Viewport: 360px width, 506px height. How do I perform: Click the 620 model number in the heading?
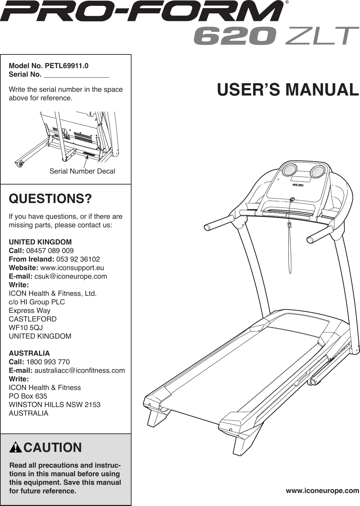click(x=235, y=36)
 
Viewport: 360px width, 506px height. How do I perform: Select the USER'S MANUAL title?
click(x=288, y=90)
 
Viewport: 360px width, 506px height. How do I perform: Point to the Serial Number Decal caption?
click(x=82, y=171)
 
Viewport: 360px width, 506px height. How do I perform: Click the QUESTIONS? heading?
click(x=50, y=199)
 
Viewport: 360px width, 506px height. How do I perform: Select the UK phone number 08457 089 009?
click(x=50, y=251)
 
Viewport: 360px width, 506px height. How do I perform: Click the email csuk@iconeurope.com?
click(x=71, y=276)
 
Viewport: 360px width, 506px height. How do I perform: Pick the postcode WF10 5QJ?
click(x=26, y=328)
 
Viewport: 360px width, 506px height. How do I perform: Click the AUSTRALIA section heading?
click(x=29, y=353)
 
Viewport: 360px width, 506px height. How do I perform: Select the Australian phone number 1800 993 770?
click(x=48, y=362)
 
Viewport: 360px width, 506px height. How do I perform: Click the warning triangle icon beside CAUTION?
click(x=16, y=448)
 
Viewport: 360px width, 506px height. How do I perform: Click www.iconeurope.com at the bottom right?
click(x=322, y=491)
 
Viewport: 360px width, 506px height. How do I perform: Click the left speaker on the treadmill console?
click(x=290, y=169)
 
